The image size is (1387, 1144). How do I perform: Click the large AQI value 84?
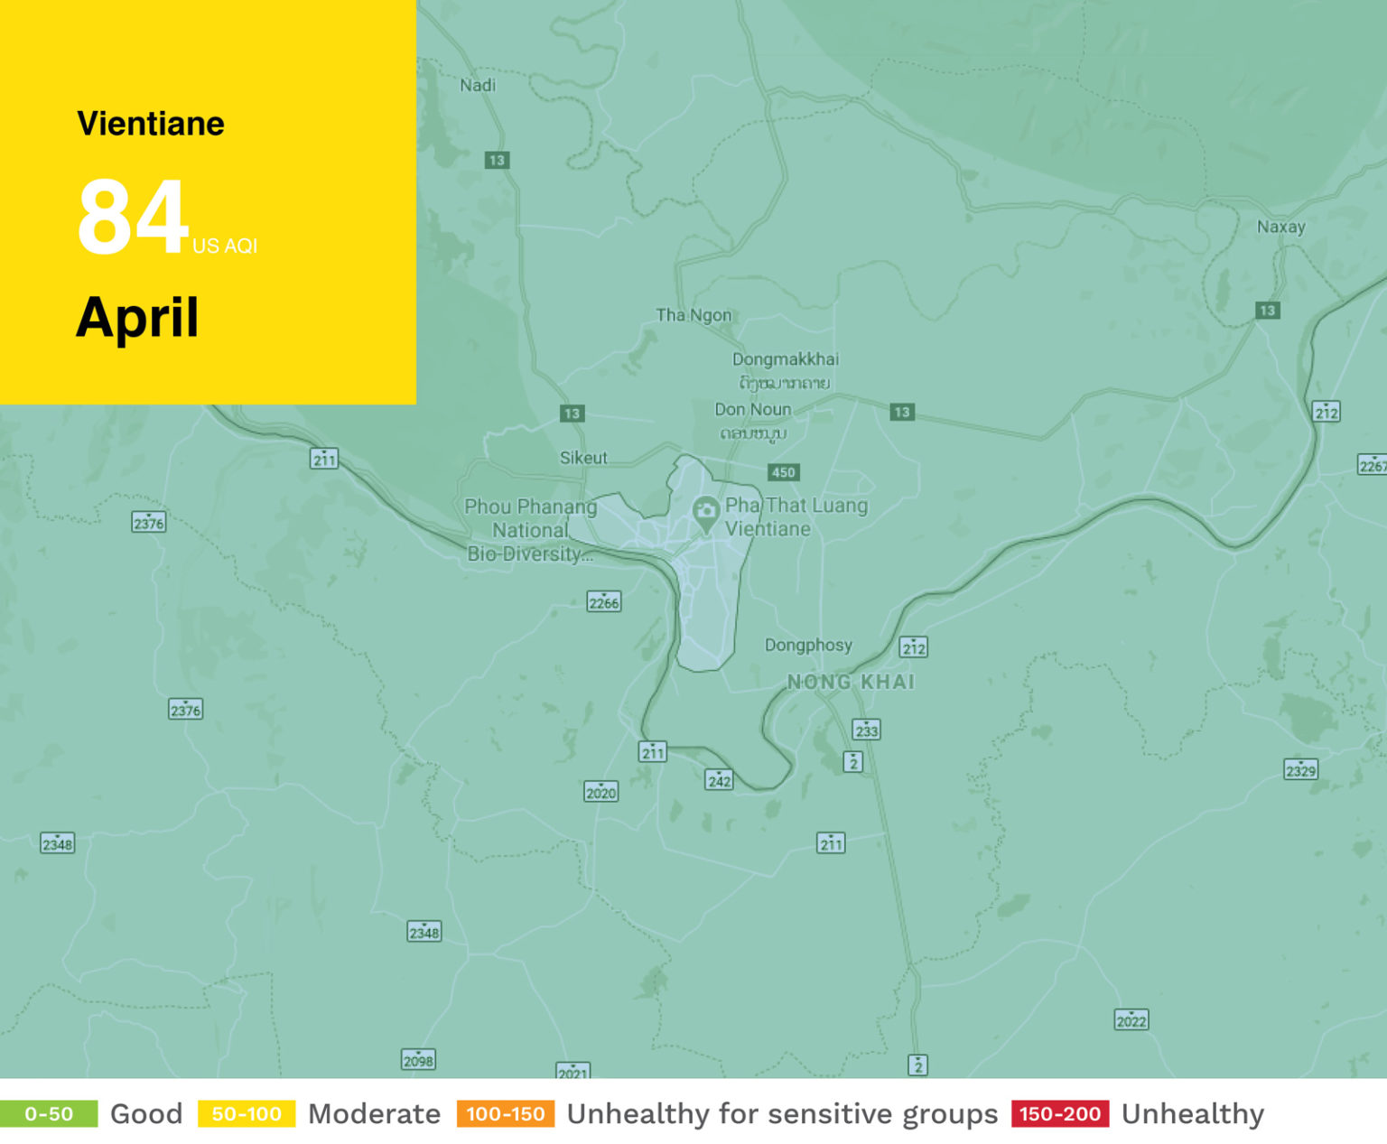point(133,217)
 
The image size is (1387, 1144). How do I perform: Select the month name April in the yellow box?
point(137,318)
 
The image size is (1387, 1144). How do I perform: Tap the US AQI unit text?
point(225,246)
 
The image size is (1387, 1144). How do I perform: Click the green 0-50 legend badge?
point(49,1113)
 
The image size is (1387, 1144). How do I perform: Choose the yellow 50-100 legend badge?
point(247,1113)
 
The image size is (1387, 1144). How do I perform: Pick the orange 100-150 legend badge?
point(506,1113)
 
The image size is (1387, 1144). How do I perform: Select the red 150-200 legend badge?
point(1060,1113)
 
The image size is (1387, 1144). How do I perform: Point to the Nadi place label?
point(478,85)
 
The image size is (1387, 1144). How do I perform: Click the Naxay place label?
point(1280,227)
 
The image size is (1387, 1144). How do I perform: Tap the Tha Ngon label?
point(693,315)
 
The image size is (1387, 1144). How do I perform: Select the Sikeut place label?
point(583,458)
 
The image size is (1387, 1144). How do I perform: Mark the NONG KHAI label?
point(851,682)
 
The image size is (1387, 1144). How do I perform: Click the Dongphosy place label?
point(808,645)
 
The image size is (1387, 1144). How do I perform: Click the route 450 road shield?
point(783,472)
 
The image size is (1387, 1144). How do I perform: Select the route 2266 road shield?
point(603,602)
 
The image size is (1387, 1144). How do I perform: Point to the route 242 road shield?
point(719,780)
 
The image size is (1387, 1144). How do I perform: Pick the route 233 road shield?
point(866,730)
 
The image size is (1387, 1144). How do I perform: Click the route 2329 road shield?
point(1300,770)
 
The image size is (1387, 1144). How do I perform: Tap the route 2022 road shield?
point(1131,1020)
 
